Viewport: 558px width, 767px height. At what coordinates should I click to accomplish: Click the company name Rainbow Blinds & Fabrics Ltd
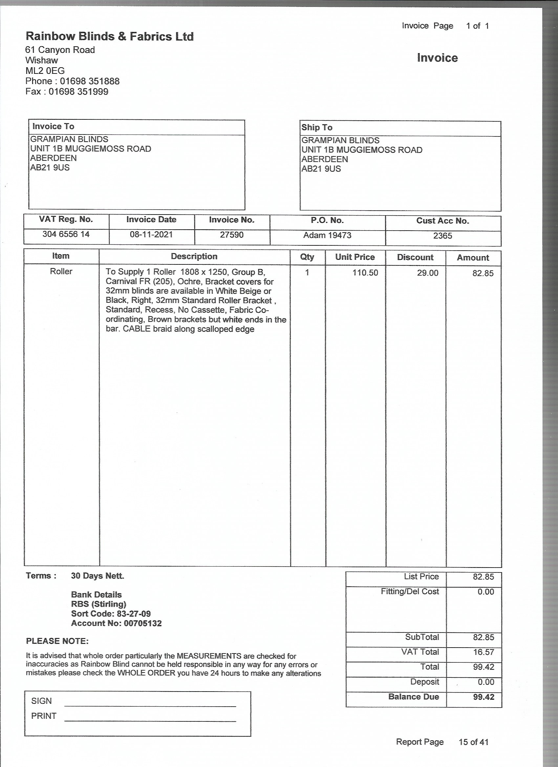click(110, 36)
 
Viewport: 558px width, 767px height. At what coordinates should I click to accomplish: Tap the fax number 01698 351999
click(78, 92)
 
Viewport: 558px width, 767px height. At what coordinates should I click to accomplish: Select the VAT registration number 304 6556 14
click(66, 234)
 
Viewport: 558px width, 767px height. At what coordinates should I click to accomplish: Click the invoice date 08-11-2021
click(151, 234)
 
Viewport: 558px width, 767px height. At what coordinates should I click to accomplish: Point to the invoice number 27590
click(232, 235)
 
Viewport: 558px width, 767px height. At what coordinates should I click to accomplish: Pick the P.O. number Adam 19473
click(327, 235)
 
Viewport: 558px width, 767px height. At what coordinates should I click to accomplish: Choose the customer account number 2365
click(442, 236)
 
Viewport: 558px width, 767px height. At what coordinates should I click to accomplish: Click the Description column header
click(194, 256)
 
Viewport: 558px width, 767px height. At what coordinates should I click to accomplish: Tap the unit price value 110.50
click(365, 273)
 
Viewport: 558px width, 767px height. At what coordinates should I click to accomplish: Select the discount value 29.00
click(427, 273)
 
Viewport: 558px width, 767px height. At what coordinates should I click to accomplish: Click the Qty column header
click(307, 257)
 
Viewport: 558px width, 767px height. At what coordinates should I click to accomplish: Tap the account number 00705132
click(143, 623)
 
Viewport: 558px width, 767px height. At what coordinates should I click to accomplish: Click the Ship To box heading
click(317, 128)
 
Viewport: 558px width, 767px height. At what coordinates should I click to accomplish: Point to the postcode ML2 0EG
click(45, 71)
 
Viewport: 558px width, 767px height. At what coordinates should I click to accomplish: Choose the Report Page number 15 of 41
click(473, 742)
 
